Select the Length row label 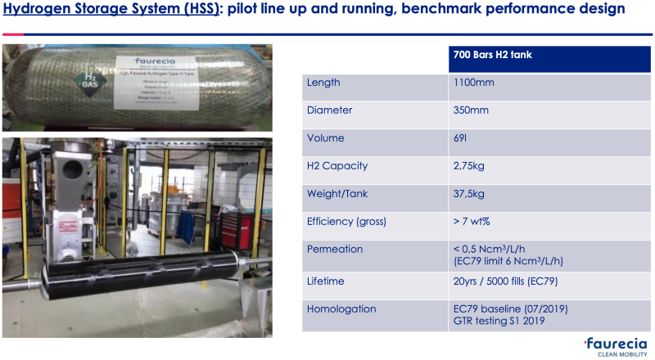(323, 83)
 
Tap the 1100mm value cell (473, 83)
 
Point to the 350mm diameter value (470, 110)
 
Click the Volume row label (325, 138)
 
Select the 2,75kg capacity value (468, 166)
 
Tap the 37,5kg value (468, 194)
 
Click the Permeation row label (334, 249)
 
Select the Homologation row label (341, 309)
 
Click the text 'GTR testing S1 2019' (501, 321)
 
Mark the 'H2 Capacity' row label (337, 166)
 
